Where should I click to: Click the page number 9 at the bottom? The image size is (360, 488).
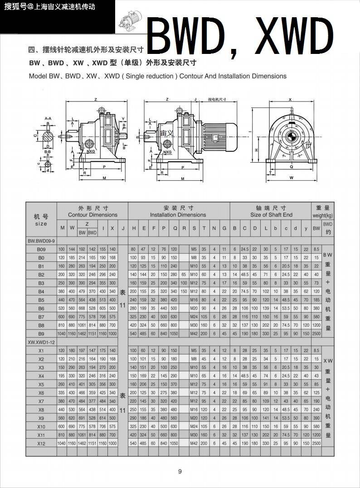(180, 472)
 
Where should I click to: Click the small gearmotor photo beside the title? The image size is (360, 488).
(131, 21)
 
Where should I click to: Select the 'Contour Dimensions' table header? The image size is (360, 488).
(92, 215)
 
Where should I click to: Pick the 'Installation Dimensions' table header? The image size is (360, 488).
(178, 215)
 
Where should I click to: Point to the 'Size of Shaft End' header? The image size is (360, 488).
(271, 215)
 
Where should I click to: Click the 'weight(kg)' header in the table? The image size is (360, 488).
(322, 215)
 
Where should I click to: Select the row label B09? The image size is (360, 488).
(41, 250)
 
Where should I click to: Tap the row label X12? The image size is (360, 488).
(41, 443)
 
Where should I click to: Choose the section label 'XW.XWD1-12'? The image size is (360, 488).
(42, 342)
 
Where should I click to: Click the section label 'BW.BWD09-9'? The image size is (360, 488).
(42, 241)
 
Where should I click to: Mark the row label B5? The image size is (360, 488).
(41, 300)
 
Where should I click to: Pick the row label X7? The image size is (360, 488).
(41, 401)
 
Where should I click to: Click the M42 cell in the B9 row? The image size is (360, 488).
(194, 333)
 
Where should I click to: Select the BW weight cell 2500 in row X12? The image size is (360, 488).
(316, 443)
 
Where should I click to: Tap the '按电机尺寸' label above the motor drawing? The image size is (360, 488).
(217, 99)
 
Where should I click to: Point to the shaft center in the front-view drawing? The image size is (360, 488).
(291, 135)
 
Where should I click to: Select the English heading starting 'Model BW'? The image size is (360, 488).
(157, 76)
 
